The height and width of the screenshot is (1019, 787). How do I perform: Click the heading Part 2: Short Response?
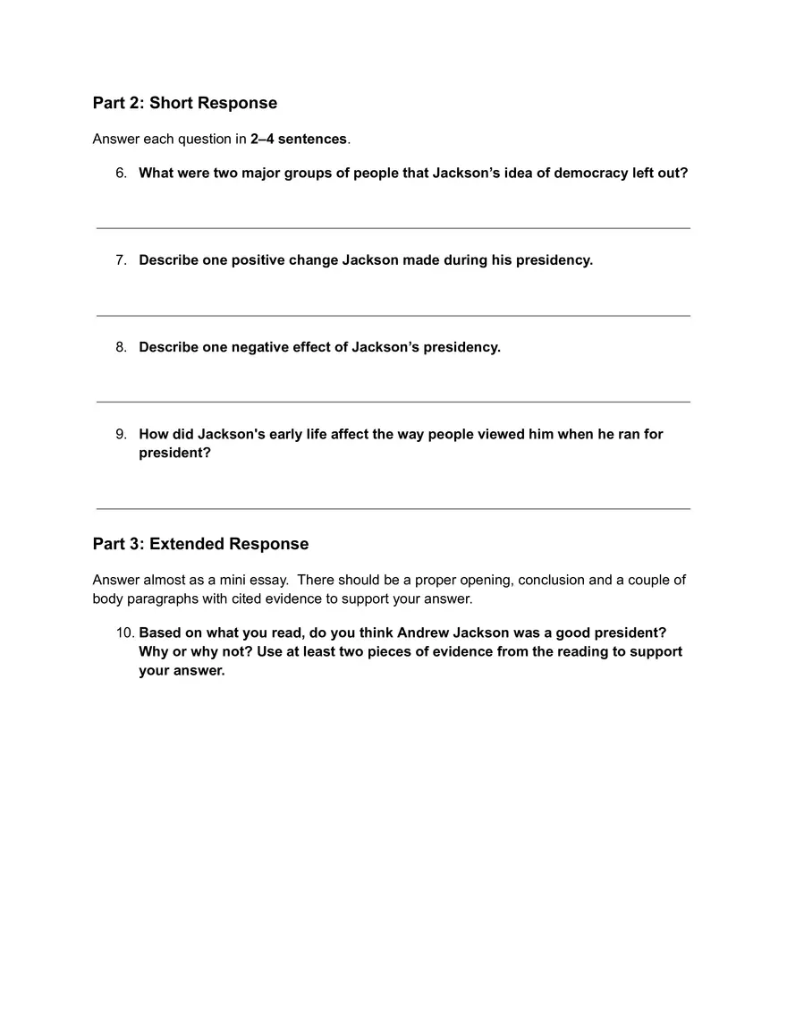(185, 103)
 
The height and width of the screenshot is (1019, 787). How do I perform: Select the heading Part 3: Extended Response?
(200, 544)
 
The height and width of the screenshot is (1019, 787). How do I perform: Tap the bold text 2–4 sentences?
(298, 139)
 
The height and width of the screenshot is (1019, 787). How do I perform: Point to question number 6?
(121, 173)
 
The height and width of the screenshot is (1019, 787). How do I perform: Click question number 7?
(121, 260)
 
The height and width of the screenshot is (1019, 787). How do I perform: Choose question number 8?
(121, 347)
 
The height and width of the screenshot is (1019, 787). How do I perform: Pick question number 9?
(121, 434)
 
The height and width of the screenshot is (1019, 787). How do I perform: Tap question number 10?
(124, 633)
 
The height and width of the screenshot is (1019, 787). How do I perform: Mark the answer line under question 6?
(393, 228)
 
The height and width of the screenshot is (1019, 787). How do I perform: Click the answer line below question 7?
(393, 316)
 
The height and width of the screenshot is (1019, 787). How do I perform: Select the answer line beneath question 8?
(393, 402)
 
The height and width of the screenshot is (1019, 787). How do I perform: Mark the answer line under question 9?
(393, 509)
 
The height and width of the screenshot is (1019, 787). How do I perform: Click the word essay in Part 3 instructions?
(268, 580)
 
